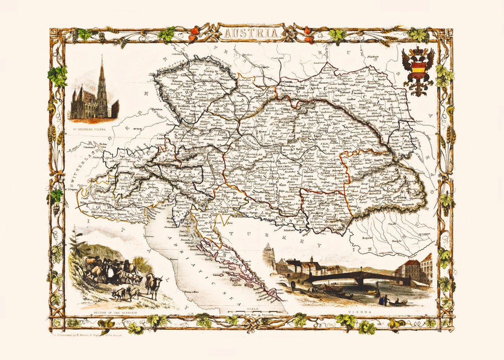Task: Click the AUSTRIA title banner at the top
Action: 251,33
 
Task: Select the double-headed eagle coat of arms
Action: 418,71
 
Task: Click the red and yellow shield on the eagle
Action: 418,69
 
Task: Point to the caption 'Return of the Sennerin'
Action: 116,313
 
